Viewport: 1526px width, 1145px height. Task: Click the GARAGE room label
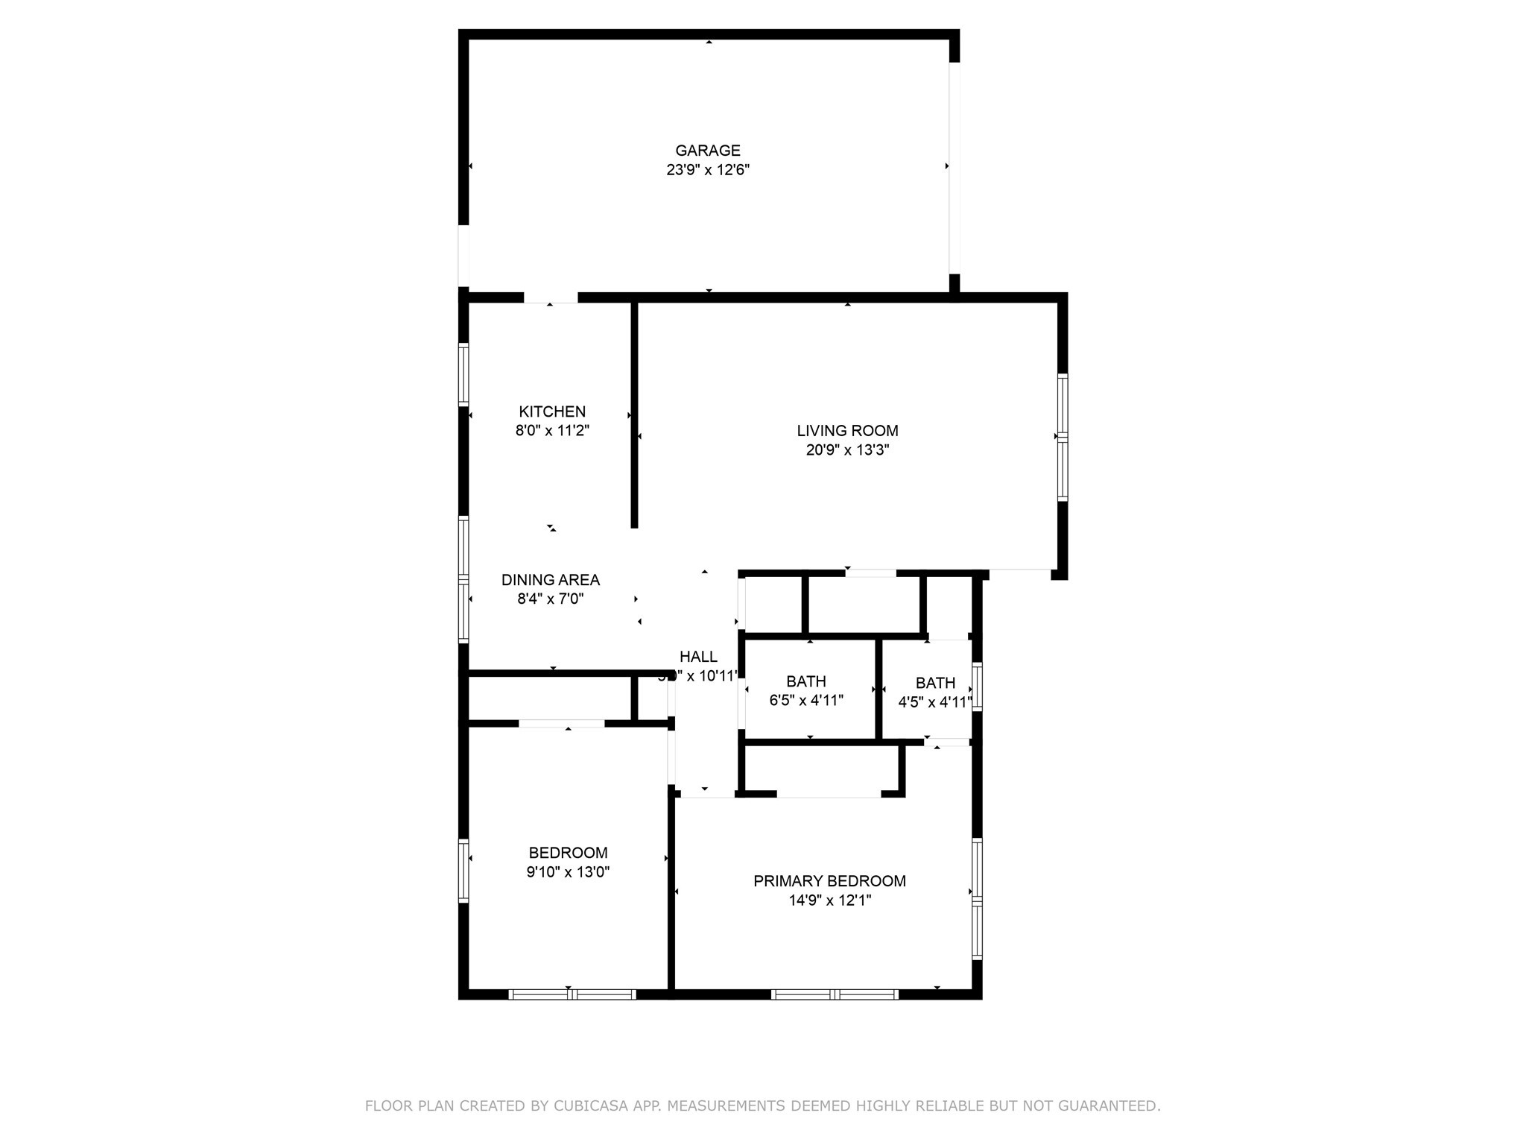pyautogui.click(x=707, y=151)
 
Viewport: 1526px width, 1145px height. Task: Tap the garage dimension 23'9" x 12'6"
pyautogui.click(x=707, y=170)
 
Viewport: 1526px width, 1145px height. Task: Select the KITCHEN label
pyautogui.click(x=552, y=411)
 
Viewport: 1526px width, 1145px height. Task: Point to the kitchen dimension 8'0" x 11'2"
pyautogui.click(x=552, y=431)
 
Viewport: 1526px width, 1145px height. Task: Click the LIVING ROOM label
pyautogui.click(x=847, y=431)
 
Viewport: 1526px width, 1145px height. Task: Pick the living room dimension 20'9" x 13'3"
pyautogui.click(x=847, y=450)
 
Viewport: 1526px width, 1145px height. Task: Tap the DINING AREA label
pyautogui.click(x=550, y=580)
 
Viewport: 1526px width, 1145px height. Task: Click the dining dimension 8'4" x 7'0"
pyautogui.click(x=550, y=599)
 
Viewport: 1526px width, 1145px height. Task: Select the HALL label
pyautogui.click(x=698, y=657)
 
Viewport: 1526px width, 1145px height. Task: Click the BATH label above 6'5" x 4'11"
pyautogui.click(x=805, y=681)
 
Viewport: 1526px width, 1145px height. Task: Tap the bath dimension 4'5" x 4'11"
pyautogui.click(x=935, y=702)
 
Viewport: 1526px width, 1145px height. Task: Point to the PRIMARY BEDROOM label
pyautogui.click(x=829, y=881)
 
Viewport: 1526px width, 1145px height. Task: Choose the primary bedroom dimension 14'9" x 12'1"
pyautogui.click(x=829, y=900)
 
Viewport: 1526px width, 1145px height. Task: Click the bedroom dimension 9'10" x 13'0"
pyautogui.click(x=568, y=872)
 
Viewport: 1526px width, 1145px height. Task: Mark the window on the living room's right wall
pyautogui.click(x=1063, y=437)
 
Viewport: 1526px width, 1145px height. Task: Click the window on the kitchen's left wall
pyautogui.click(x=463, y=375)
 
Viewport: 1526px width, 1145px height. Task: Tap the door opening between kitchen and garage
pyautogui.click(x=551, y=297)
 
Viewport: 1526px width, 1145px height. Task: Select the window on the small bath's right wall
pyautogui.click(x=977, y=687)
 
